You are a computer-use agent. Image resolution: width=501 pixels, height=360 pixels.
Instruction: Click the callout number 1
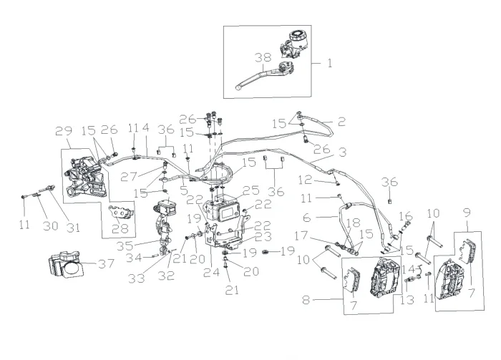pos(330,62)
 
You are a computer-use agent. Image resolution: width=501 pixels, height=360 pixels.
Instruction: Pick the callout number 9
pos(466,213)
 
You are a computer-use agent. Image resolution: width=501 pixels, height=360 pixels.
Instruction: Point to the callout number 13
pos(409,301)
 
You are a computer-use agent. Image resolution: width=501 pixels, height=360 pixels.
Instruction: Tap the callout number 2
pos(341,122)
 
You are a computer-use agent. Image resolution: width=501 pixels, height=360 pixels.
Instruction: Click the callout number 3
pos(343,152)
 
